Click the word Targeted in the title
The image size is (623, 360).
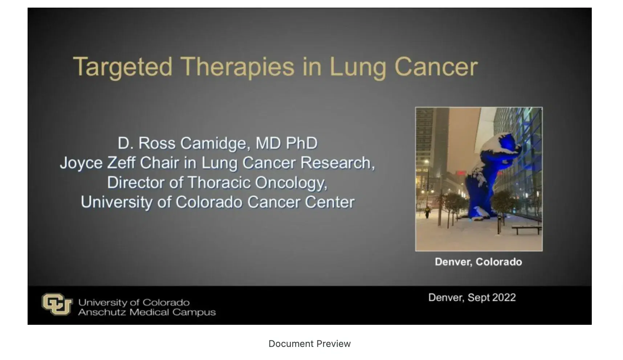tap(123, 67)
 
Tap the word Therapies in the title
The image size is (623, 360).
tap(237, 67)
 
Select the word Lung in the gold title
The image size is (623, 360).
tap(358, 67)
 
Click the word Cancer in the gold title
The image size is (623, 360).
tap(436, 67)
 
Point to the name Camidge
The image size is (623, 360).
tap(215, 143)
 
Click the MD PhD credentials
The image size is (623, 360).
tap(286, 143)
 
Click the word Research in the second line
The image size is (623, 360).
tap(337, 163)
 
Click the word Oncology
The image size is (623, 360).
tap(290, 183)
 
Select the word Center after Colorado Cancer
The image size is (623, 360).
tap(330, 202)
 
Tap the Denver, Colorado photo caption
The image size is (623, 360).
tap(478, 262)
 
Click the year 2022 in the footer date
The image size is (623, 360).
tap(504, 298)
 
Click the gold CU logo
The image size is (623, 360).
tap(57, 304)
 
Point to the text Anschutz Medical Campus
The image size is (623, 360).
tap(147, 312)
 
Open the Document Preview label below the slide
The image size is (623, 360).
tap(309, 344)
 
